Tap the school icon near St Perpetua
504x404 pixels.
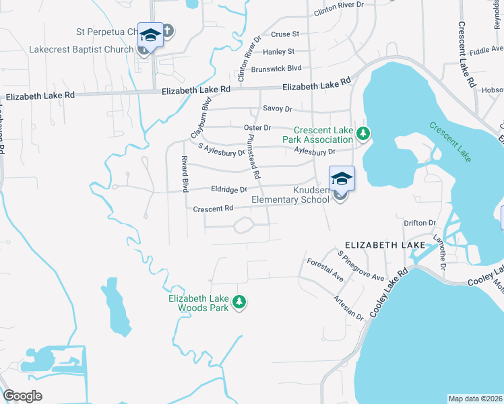tap(150, 35)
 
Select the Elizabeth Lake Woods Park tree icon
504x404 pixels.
tap(239, 303)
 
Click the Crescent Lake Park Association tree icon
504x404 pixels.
tap(363, 133)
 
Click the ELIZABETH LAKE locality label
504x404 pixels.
tap(385, 245)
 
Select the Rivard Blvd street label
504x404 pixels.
tap(183, 173)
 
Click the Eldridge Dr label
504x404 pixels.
tap(230, 190)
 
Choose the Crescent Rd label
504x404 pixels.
tap(213, 209)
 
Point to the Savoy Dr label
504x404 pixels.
tap(278, 108)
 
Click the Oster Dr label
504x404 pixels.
tap(257, 127)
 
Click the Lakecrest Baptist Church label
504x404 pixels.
tap(81, 49)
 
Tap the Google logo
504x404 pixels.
tap(22, 396)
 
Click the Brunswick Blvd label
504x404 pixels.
tap(276, 68)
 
